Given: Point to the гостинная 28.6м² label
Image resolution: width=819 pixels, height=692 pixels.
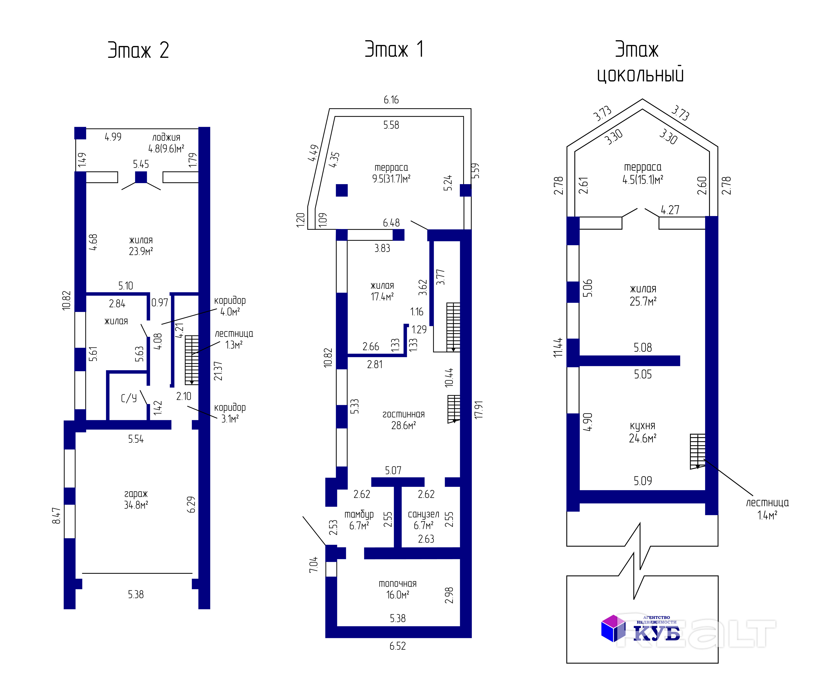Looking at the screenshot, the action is click(x=403, y=420).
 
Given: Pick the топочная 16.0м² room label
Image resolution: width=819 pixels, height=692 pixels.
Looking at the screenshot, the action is click(x=398, y=589).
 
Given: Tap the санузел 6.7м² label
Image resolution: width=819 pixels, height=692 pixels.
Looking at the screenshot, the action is click(x=423, y=520).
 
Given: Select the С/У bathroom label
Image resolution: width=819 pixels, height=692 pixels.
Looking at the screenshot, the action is click(x=129, y=398).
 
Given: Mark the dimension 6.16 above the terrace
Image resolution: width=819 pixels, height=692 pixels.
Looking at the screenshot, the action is click(x=391, y=100).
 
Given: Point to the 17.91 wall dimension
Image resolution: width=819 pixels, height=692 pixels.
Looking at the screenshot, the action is click(x=478, y=410).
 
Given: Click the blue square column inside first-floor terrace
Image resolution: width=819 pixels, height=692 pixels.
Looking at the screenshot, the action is click(x=341, y=190).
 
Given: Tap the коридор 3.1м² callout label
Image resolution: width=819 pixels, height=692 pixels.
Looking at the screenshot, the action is click(x=230, y=413).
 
